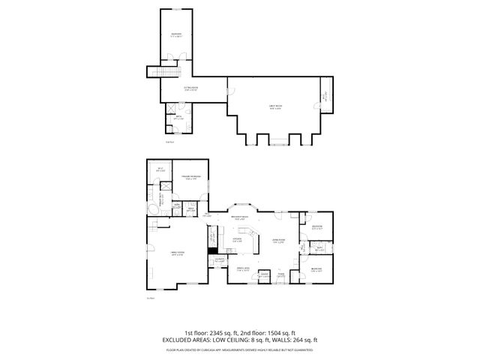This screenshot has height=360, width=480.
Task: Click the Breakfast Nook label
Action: [240, 219]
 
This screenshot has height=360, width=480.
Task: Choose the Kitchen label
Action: [237, 241]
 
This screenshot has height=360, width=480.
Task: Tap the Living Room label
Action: [279, 241]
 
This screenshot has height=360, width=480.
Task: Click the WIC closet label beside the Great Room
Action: [325, 96]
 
